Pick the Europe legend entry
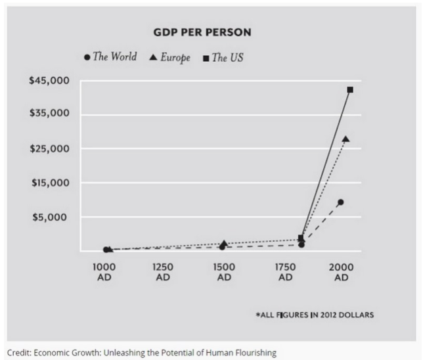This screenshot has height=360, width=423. pyautogui.click(x=170, y=57)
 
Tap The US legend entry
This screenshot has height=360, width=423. pyautogui.click(x=223, y=57)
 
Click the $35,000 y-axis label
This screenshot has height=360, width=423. pyautogui.click(x=53, y=114)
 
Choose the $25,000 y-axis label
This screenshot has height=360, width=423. pyautogui.click(x=53, y=148)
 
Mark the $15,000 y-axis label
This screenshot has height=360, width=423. pyautogui.click(x=53, y=183)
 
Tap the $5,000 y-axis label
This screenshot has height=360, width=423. pyautogui.click(x=56, y=217)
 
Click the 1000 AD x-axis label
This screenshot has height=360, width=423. pyautogui.click(x=102, y=272)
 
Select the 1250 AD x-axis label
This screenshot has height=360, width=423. pyautogui.click(x=163, y=272)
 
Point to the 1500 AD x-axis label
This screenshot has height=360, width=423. pyautogui.click(x=224, y=272)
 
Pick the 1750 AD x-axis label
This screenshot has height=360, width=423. pyautogui.click(x=284, y=272)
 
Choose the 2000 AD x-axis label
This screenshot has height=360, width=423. pyautogui.click(x=342, y=272)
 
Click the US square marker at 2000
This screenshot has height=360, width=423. pyautogui.click(x=350, y=89)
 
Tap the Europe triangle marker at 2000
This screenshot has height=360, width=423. pyautogui.click(x=345, y=139)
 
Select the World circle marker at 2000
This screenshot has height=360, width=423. pyautogui.click(x=340, y=202)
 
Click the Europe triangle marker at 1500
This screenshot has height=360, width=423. pyautogui.click(x=224, y=244)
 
